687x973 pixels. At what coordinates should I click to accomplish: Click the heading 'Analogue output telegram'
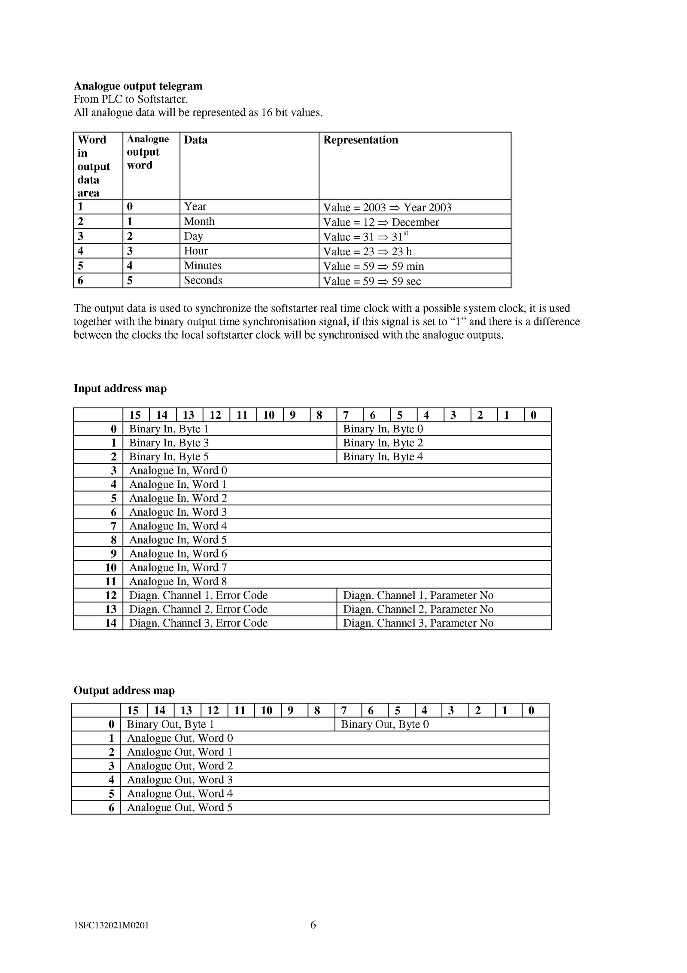tap(138, 86)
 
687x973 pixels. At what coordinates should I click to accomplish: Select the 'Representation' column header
tap(360, 140)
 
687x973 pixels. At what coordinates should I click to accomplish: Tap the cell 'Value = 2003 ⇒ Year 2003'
tap(387, 208)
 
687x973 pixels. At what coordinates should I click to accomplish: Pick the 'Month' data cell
tap(199, 221)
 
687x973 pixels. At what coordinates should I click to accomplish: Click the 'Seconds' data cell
tap(203, 280)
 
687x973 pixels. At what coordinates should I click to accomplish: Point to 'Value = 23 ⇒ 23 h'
tap(367, 251)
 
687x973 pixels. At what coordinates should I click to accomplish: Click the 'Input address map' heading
tap(120, 388)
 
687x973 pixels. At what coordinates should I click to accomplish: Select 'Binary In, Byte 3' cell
tap(169, 443)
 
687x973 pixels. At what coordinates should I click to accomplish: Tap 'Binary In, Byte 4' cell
tap(383, 456)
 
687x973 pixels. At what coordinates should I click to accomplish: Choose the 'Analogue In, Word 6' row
tap(178, 554)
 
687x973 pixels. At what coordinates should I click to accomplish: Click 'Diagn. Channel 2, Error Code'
tap(198, 609)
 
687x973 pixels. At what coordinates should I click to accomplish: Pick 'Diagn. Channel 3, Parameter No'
tap(418, 623)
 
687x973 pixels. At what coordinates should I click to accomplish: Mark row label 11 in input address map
tap(111, 581)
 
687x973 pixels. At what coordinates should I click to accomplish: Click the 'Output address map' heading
tap(124, 690)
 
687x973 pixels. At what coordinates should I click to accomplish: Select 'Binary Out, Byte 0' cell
tap(385, 724)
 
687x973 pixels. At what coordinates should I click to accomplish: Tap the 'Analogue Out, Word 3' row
tap(179, 780)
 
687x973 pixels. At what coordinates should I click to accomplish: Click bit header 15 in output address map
tap(133, 710)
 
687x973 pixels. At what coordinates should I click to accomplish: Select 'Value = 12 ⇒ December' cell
tap(381, 222)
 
